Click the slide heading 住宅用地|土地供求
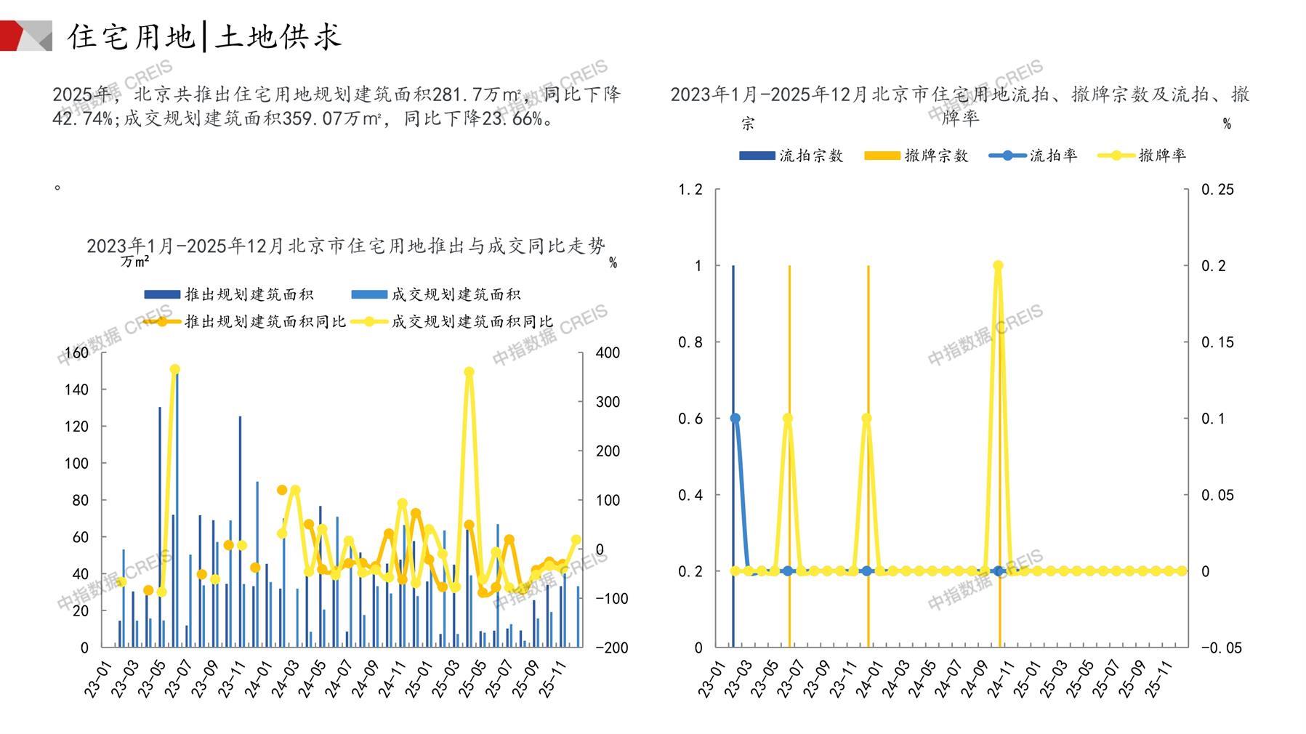click(204, 36)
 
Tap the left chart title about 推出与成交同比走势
click(345, 246)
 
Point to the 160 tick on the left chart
click(76, 353)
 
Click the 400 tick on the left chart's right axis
click(608, 353)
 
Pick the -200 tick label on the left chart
click(611, 648)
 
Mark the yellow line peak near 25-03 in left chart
click(469, 372)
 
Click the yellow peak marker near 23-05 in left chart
click(174, 369)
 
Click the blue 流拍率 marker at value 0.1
click(735, 419)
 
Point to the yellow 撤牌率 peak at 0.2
click(998, 266)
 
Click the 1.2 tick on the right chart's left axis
click(690, 190)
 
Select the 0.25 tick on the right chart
click(1217, 190)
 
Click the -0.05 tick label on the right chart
click(1221, 648)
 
